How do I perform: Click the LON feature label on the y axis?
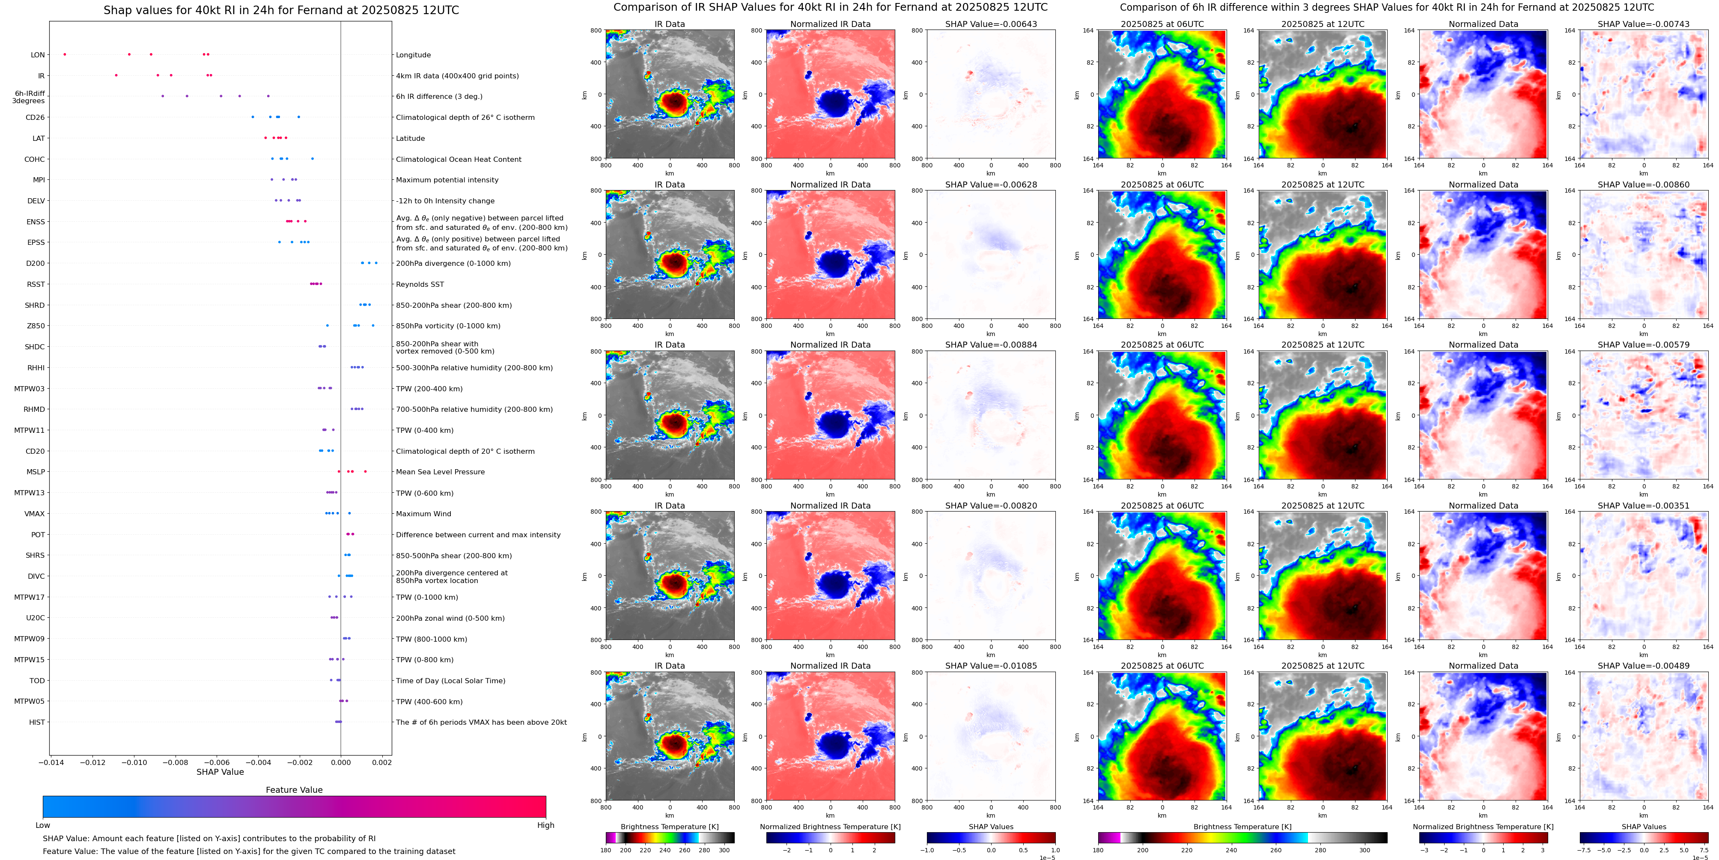click(38, 55)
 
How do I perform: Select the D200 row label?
click(36, 264)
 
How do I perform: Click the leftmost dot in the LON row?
click(65, 54)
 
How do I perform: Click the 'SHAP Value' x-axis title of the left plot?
click(220, 772)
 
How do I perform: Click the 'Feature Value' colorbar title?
click(294, 790)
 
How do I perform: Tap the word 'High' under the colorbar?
click(546, 825)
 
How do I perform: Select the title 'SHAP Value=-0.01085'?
click(991, 666)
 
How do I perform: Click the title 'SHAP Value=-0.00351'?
click(1644, 506)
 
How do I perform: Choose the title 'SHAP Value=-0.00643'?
click(991, 24)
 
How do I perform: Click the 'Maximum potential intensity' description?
click(447, 180)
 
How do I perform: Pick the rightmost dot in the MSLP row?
click(365, 472)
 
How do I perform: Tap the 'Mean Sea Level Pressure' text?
click(441, 472)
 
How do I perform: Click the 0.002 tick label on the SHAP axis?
click(382, 762)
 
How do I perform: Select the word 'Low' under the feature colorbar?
click(43, 825)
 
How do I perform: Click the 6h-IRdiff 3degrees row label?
click(30, 98)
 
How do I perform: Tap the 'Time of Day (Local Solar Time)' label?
click(450, 681)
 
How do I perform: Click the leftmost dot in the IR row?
click(116, 75)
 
